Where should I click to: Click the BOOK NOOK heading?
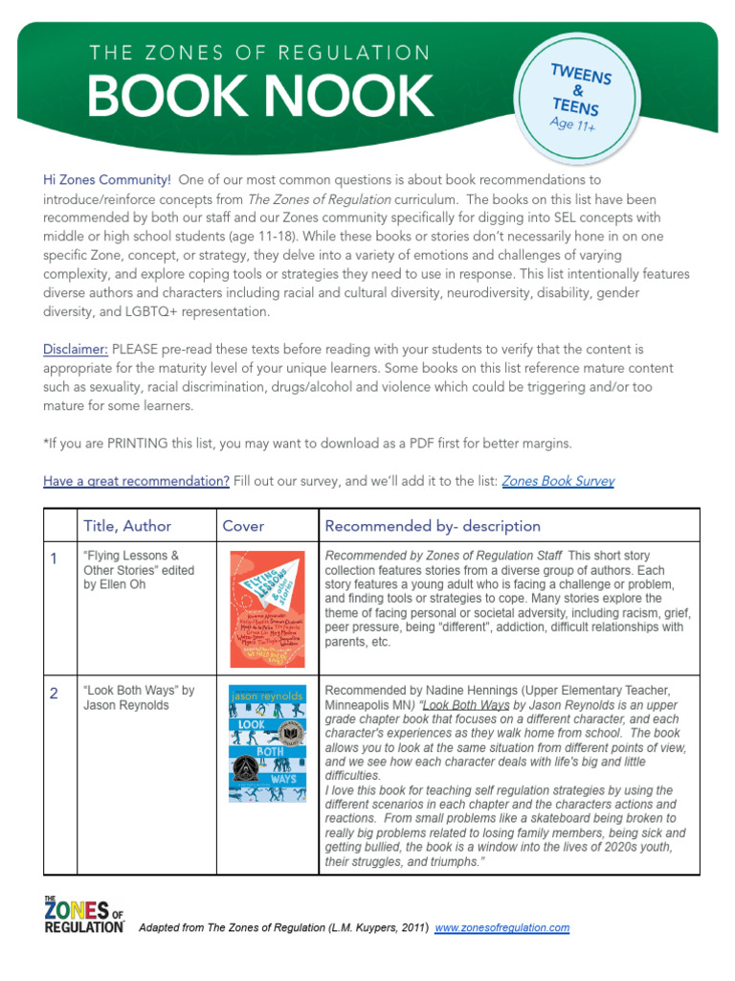(260, 97)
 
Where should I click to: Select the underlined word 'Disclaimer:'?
(76, 350)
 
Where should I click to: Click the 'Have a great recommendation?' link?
(136, 481)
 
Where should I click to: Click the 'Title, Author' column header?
(127, 526)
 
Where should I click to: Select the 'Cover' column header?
(243, 526)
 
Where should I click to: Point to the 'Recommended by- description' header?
(433, 526)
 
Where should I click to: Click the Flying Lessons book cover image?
(267, 609)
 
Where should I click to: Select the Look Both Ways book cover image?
(267, 743)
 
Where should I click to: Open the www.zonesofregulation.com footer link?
(501, 927)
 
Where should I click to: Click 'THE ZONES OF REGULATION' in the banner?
(259, 54)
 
